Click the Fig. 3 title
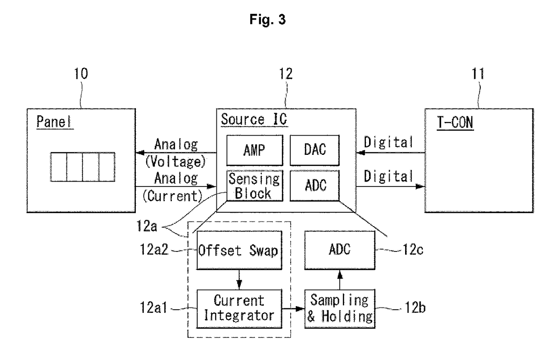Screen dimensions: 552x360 click(268, 19)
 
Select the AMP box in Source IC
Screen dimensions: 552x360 click(255, 150)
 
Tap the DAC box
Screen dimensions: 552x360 click(315, 150)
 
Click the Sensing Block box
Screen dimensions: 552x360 click(255, 186)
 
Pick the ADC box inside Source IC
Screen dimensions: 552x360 click(315, 186)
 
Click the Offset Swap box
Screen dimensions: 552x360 click(239, 250)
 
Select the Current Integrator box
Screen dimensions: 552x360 click(239, 308)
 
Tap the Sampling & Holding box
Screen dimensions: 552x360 click(340, 308)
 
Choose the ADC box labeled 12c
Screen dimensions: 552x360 click(340, 250)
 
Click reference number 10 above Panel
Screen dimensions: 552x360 click(81, 73)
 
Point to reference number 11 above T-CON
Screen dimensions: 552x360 click(478, 73)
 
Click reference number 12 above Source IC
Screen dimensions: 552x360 click(286, 73)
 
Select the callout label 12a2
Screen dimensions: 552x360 click(154, 249)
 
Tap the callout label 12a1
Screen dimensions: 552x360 click(153, 307)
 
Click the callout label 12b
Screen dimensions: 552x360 click(415, 307)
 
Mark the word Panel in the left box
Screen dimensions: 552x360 click(54, 122)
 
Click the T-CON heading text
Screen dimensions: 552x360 click(455, 122)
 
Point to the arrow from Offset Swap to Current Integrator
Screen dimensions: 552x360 click(239, 279)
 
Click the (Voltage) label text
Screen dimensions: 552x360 click(175, 162)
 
